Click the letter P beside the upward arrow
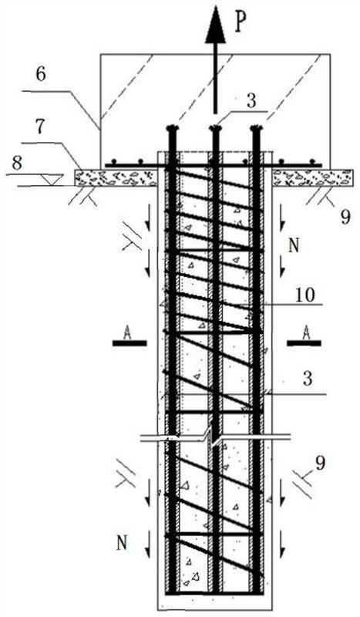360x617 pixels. (x=242, y=25)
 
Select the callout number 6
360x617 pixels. (x=42, y=75)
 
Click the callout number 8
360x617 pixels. (x=17, y=163)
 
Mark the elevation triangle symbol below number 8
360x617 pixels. (x=50, y=180)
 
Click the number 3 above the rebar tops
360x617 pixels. (x=251, y=100)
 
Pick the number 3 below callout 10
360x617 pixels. (x=308, y=379)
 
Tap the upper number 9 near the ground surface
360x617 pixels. (x=345, y=217)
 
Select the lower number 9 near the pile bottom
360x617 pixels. (x=320, y=464)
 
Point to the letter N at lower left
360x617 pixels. (x=122, y=544)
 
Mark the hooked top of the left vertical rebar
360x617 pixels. (x=172, y=128)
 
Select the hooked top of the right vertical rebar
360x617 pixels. (x=256, y=128)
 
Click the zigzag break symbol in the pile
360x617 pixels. (x=214, y=437)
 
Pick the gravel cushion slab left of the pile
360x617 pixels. (x=116, y=178)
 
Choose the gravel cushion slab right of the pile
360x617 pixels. (x=313, y=178)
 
